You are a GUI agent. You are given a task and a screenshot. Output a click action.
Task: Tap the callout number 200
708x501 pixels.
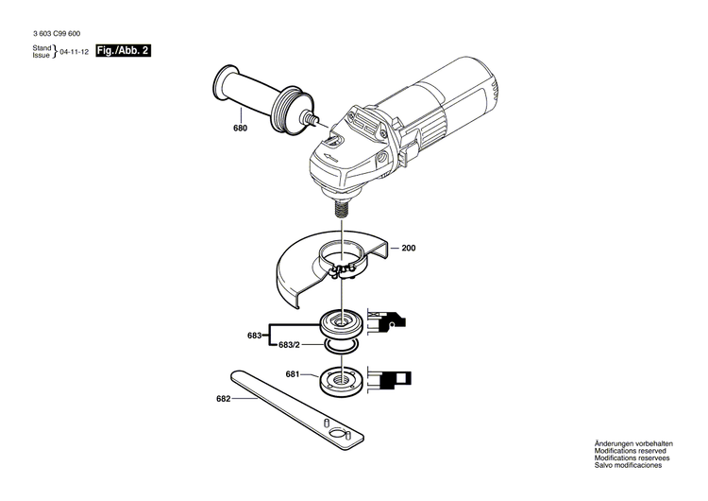click(408, 248)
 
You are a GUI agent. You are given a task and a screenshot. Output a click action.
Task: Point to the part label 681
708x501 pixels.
click(293, 375)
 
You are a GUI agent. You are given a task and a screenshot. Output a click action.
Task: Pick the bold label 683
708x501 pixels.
click(254, 336)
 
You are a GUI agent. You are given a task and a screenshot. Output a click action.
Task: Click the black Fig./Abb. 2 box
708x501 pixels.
click(123, 51)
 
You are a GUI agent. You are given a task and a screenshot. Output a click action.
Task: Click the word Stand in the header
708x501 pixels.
click(42, 47)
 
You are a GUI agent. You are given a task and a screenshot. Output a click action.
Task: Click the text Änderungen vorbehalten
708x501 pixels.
click(633, 443)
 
